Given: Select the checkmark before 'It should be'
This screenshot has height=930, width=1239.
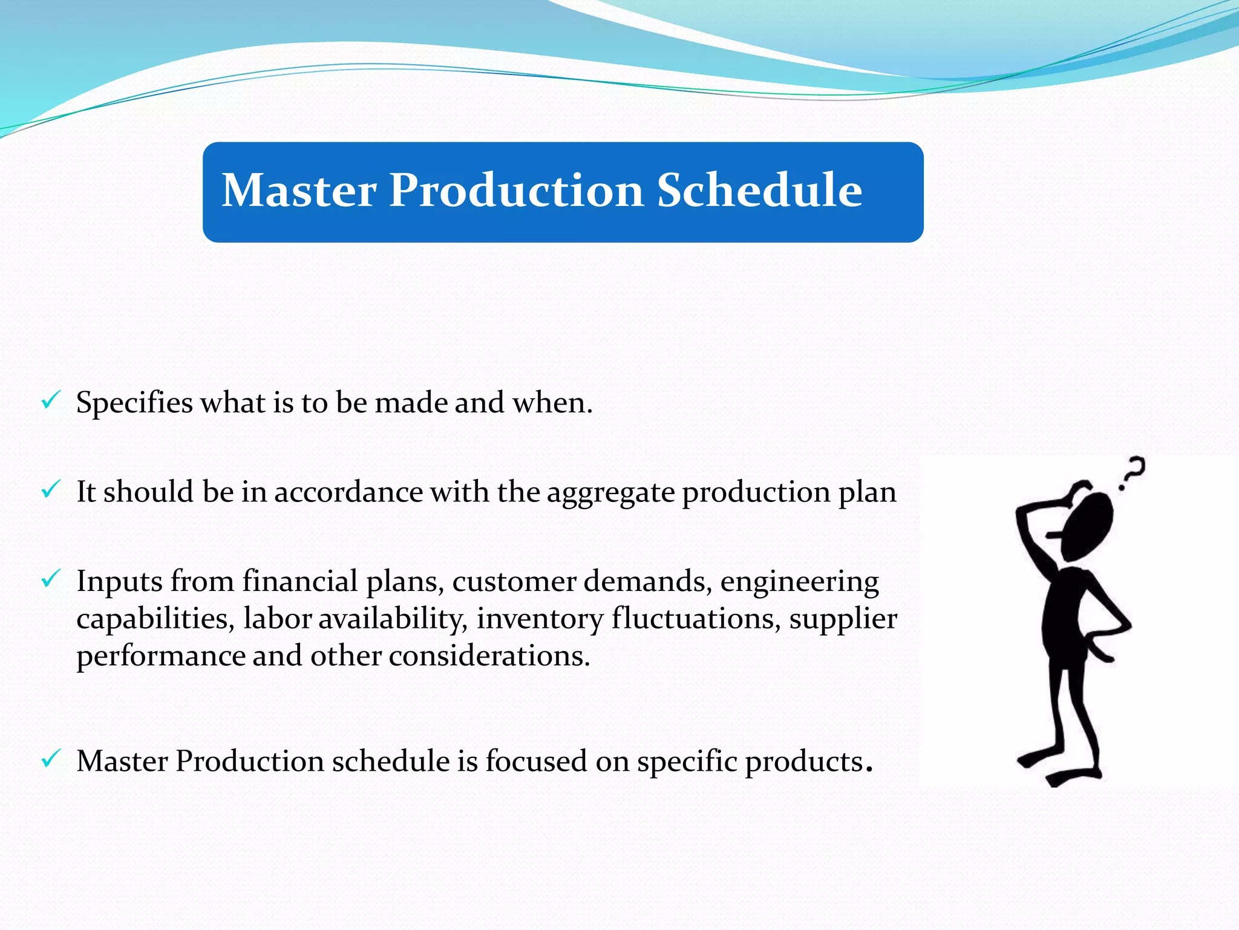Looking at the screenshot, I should coord(51,489).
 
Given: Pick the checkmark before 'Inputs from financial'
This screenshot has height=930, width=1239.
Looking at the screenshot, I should coord(51,578).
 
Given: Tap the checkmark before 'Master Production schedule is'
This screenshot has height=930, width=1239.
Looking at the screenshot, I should coord(51,758).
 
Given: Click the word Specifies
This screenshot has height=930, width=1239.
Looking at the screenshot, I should coord(134,403).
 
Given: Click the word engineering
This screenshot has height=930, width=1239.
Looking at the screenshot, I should coord(799,582).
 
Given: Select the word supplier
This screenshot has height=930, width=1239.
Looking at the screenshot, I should coord(843,619).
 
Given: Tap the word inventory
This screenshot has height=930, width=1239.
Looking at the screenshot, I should coord(540,619).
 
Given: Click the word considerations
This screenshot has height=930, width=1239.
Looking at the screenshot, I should coord(489,656).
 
